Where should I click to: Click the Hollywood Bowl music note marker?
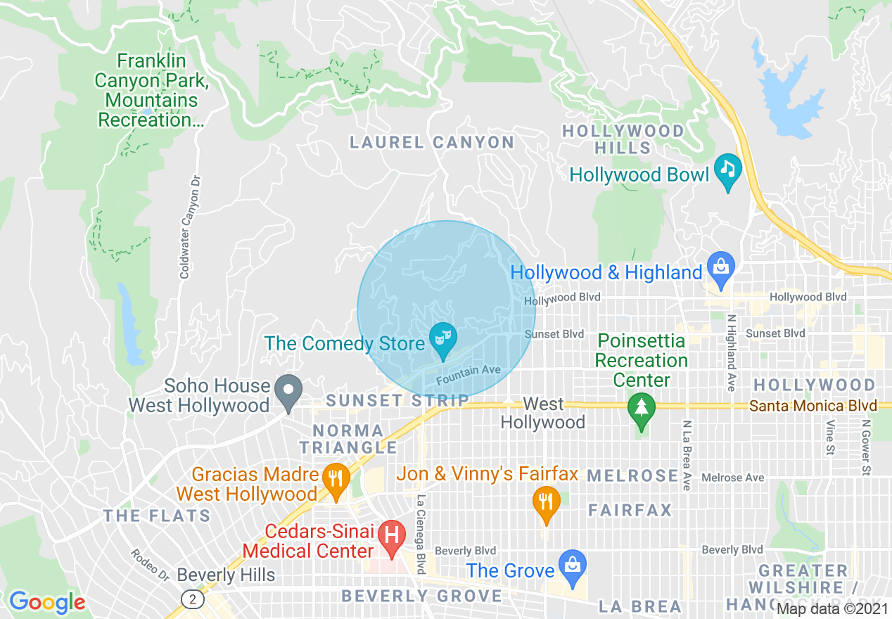(728, 170)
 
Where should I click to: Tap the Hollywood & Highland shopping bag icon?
(721, 268)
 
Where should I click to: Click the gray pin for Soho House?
(288, 390)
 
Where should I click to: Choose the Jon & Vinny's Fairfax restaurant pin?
(545, 502)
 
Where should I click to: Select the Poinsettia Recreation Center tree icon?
(640, 409)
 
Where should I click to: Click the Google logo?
(47, 602)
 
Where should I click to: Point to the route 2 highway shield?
(189, 598)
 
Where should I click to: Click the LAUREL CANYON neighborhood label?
(432, 143)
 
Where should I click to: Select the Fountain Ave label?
(468, 375)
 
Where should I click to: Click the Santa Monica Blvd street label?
(813, 406)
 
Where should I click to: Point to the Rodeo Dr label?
(150, 564)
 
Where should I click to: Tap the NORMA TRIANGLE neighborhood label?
(349, 438)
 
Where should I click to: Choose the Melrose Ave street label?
(732, 478)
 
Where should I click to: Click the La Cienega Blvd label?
(421, 535)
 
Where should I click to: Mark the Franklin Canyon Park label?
(152, 90)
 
